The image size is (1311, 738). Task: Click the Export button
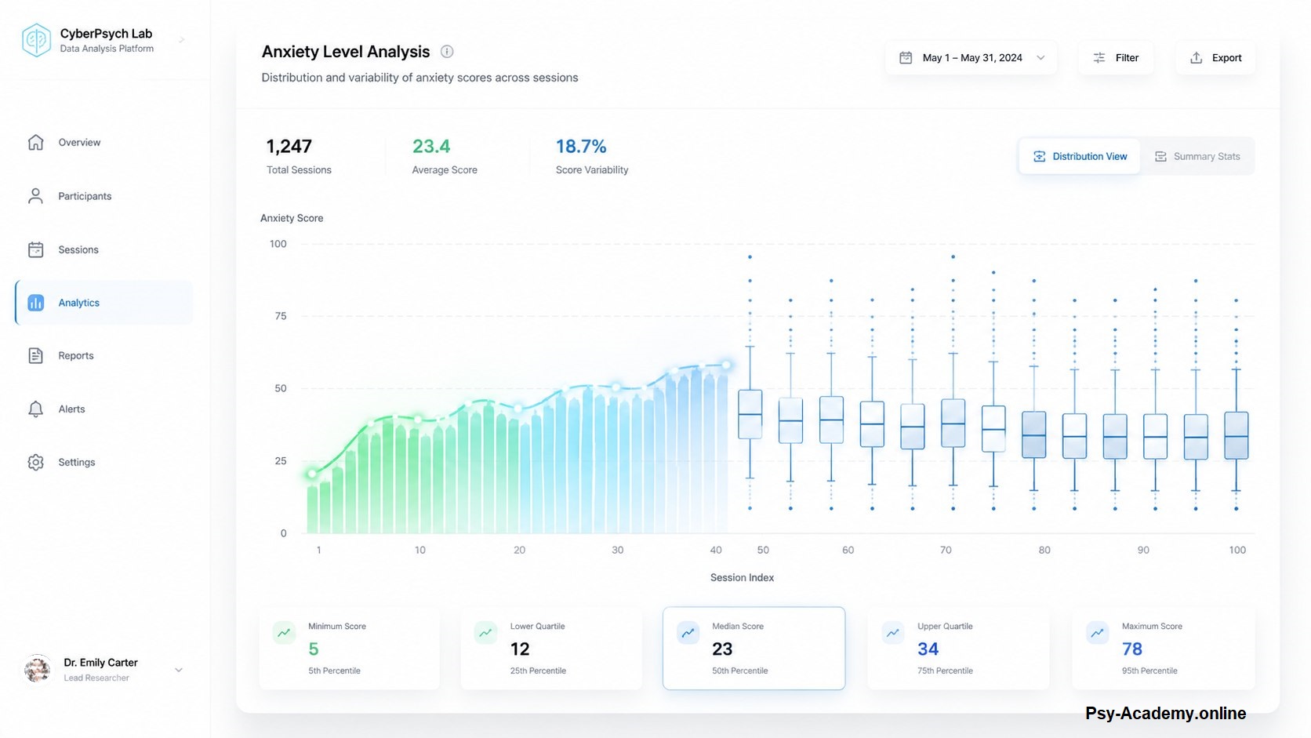(1215, 57)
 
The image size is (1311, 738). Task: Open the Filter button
(1116, 57)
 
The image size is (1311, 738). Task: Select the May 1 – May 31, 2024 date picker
(971, 57)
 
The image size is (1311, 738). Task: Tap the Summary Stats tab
(1197, 156)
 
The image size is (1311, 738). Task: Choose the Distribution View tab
(1079, 156)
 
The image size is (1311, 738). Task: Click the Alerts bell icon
(36, 409)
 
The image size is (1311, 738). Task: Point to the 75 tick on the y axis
(281, 316)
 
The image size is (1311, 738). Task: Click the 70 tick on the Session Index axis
(946, 550)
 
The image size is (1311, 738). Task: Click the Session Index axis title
(742, 578)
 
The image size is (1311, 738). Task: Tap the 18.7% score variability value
(580, 147)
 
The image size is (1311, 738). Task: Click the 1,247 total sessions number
(289, 147)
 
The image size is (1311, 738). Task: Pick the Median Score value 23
(722, 649)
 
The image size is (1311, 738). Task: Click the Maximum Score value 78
(1132, 649)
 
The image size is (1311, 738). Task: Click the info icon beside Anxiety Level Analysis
(447, 52)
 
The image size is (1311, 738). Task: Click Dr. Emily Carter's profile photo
(38, 670)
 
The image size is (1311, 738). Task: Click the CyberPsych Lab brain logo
(36, 40)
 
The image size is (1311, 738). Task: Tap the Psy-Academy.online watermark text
(1165, 713)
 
